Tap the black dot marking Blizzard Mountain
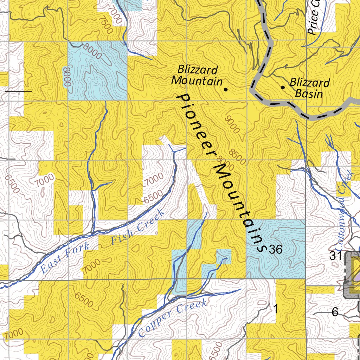click(226, 89)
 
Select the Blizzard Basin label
click(309, 88)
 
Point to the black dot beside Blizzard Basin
click(283, 87)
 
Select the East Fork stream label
click(65, 258)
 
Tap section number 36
click(275, 250)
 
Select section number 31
click(335, 256)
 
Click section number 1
click(276, 309)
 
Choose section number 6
click(335, 312)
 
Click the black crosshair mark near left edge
click(19, 91)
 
